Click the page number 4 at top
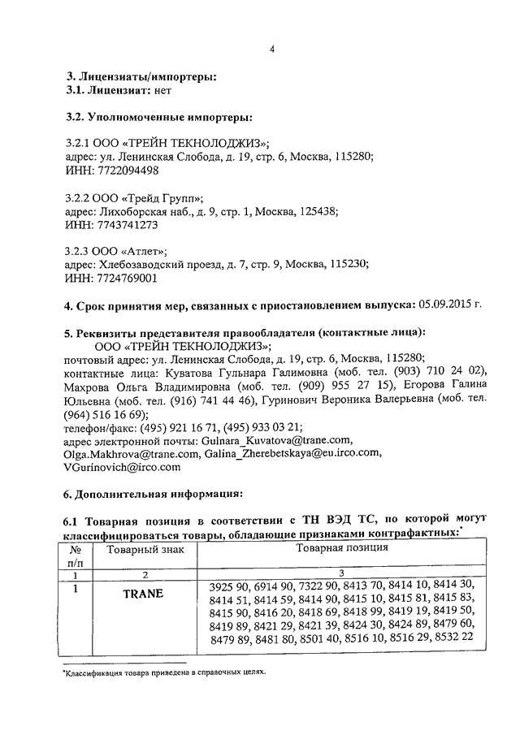[x=274, y=48]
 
